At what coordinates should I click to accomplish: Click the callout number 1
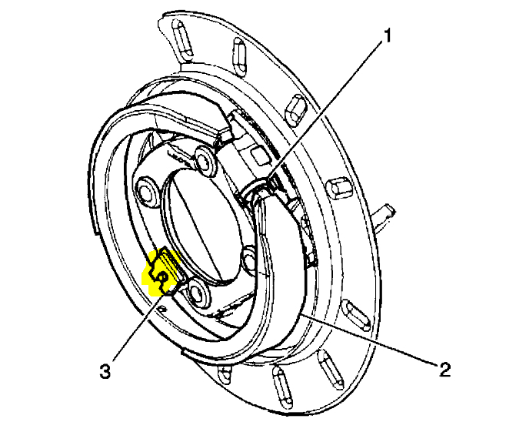(389, 35)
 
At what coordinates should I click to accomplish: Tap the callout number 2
(444, 369)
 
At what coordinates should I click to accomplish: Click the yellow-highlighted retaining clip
(164, 273)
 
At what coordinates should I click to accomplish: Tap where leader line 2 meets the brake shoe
(301, 315)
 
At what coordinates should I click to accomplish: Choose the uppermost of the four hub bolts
(205, 159)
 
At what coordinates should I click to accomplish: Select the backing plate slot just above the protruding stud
(338, 189)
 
